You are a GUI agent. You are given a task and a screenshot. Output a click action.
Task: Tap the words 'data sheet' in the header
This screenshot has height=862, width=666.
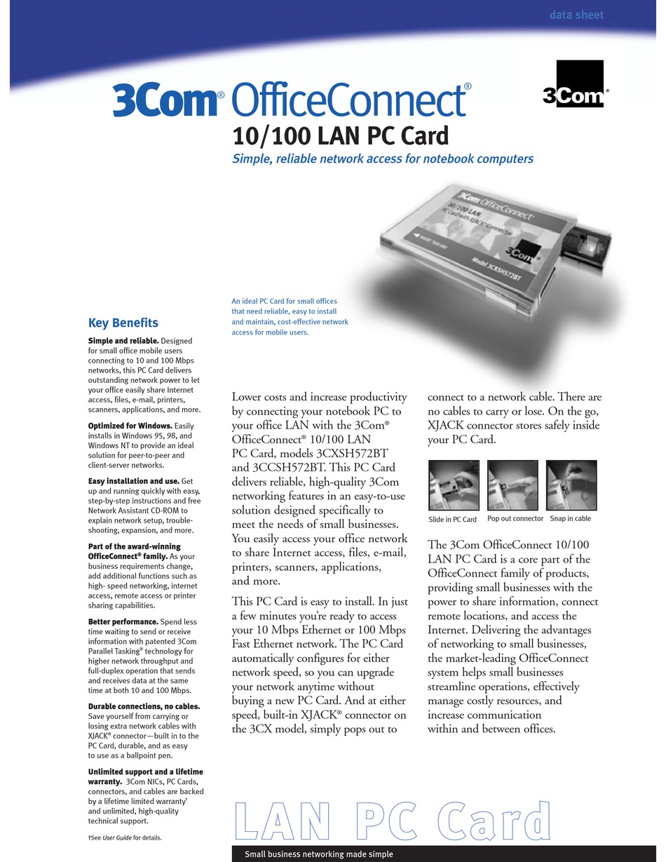pyautogui.click(x=576, y=15)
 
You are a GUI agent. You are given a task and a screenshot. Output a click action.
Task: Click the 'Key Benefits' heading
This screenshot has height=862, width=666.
pyautogui.click(x=123, y=323)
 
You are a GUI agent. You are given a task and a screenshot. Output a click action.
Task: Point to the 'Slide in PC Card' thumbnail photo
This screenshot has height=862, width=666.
pyautogui.click(x=453, y=485)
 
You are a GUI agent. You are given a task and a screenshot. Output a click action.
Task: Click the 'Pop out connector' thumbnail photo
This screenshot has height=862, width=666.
pyautogui.click(x=512, y=485)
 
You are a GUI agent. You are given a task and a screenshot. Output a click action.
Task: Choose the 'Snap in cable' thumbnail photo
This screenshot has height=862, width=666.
pyautogui.click(x=571, y=485)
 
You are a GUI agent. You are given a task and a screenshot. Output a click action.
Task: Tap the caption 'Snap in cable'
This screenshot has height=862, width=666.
pyautogui.click(x=570, y=519)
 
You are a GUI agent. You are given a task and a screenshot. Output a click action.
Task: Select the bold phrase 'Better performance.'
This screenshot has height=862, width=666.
pyautogui.click(x=123, y=621)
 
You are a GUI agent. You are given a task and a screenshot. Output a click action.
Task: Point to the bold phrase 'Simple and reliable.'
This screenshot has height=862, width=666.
pyautogui.click(x=124, y=341)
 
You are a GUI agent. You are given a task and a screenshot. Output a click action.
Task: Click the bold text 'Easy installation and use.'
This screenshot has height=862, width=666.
pyautogui.click(x=133, y=481)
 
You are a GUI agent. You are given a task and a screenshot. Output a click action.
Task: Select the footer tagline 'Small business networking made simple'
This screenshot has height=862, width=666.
pyautogui.click(x=318, y=854)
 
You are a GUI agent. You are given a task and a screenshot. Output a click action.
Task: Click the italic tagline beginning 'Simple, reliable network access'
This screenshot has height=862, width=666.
pyautogui.click(x=383, y=159)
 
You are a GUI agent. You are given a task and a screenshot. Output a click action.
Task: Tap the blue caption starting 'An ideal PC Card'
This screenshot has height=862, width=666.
pyautogui.click(x=290, y=316)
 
